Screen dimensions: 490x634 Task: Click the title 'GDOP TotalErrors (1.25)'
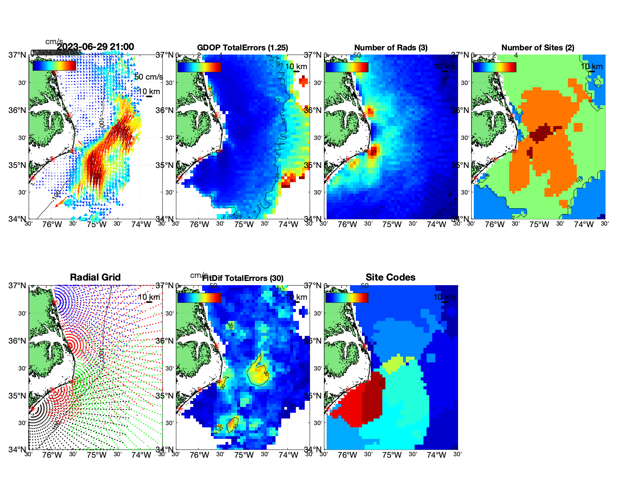[x=242, y=48]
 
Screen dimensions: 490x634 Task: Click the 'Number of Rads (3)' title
[x=391, y=48]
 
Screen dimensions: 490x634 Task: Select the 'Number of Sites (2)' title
[x=538, y=48]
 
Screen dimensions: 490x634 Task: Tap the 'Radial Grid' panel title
[x=95, y=277]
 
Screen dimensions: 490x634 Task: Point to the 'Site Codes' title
[x=390, y=277]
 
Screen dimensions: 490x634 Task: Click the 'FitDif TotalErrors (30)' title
[x=243, y=278]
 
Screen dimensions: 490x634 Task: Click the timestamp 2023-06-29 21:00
[x=96, y=47]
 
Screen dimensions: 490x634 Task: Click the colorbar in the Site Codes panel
[x=347, y=297]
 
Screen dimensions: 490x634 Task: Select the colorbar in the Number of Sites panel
[x=495, y=67]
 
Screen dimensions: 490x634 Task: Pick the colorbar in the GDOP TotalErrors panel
[x=199, y=67]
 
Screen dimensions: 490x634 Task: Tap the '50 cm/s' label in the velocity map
[x=148, y=77]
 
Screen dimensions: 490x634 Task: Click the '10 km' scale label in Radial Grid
[x=148, y=297]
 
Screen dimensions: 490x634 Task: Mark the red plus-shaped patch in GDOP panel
[x=303, y=81]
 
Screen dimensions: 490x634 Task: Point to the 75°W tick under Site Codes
[x=392, y=455]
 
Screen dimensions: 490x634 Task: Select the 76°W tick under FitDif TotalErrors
[x=199, y=455]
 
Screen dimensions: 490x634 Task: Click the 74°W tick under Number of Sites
[x=584, y=225]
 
